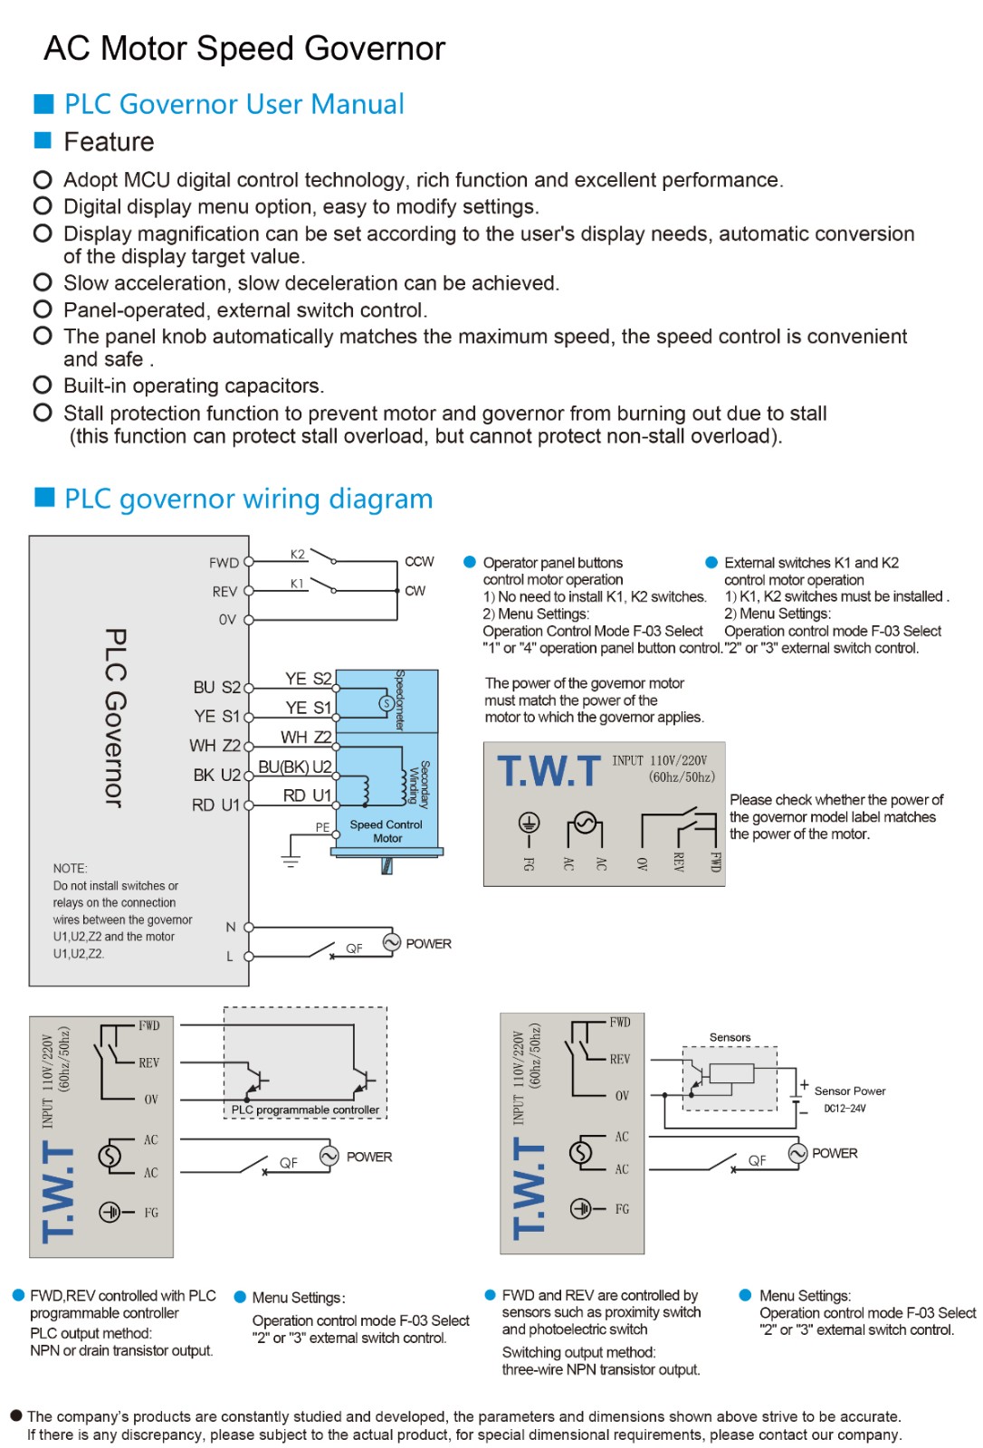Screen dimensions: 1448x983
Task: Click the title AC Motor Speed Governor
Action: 244,49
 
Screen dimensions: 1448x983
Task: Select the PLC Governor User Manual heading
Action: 234,104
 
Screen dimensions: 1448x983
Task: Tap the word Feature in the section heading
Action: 109,142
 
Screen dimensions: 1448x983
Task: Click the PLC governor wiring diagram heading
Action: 248,499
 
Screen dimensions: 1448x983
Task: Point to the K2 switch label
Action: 298,554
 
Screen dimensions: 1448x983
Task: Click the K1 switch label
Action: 297,584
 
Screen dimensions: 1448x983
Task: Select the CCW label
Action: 419,561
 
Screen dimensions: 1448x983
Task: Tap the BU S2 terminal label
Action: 216,687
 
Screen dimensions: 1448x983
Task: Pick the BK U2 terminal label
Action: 216,775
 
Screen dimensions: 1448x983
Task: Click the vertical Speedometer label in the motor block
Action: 400,700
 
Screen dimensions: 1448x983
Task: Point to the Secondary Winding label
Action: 419,784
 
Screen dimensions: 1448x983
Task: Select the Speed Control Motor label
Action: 387,831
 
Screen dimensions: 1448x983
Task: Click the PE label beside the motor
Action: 322,827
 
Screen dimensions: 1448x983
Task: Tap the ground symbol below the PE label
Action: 291,861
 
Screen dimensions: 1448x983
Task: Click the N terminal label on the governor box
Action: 231,927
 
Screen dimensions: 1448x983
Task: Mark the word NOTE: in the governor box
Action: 70,868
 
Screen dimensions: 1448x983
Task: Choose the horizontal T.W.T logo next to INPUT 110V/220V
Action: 549,772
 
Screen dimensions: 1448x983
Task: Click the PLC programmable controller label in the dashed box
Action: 305,1110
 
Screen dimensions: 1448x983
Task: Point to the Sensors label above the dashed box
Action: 730,1037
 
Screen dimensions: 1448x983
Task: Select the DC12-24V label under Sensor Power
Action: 845,1108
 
